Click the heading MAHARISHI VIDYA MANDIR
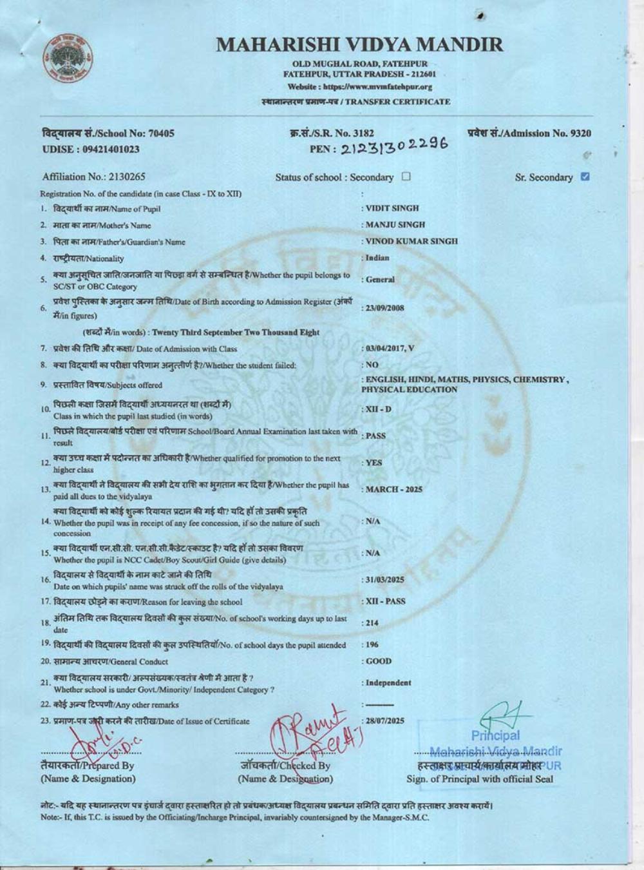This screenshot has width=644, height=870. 359,44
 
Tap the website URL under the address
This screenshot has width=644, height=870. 359,86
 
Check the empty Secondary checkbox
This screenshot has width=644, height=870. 406,177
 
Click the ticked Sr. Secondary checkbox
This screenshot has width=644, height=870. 585,177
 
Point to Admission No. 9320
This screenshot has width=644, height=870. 529,133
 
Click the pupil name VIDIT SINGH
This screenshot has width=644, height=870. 392,208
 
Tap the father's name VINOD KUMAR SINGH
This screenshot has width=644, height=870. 412,241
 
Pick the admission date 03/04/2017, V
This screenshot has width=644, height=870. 390,349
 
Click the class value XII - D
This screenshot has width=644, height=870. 379,409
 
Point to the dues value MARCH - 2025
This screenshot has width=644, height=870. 393,489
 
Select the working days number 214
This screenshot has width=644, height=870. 372,623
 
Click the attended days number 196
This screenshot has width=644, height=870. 372,644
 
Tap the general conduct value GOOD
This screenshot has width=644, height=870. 379,661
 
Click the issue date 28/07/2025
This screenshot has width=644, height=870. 384,720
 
